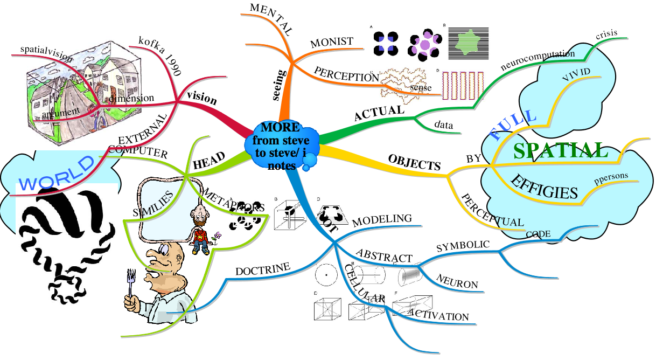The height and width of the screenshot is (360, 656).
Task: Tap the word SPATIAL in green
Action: (x=560, y=151)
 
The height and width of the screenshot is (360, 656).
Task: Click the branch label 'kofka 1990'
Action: (x=159, y=49)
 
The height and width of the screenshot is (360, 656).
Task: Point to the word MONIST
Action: (x=332, y=42)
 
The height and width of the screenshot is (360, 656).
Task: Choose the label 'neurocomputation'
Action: (x=538, y=60)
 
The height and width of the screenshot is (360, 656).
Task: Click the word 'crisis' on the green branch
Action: (x=606, y=35)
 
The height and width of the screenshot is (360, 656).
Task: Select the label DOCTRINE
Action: (x=263, y=268)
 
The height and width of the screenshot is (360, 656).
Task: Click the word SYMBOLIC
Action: (x=463, y=246)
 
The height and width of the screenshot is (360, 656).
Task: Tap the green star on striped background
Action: (x=469, y=43)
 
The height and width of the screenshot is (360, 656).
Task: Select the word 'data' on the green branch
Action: (x=444, y=125)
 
